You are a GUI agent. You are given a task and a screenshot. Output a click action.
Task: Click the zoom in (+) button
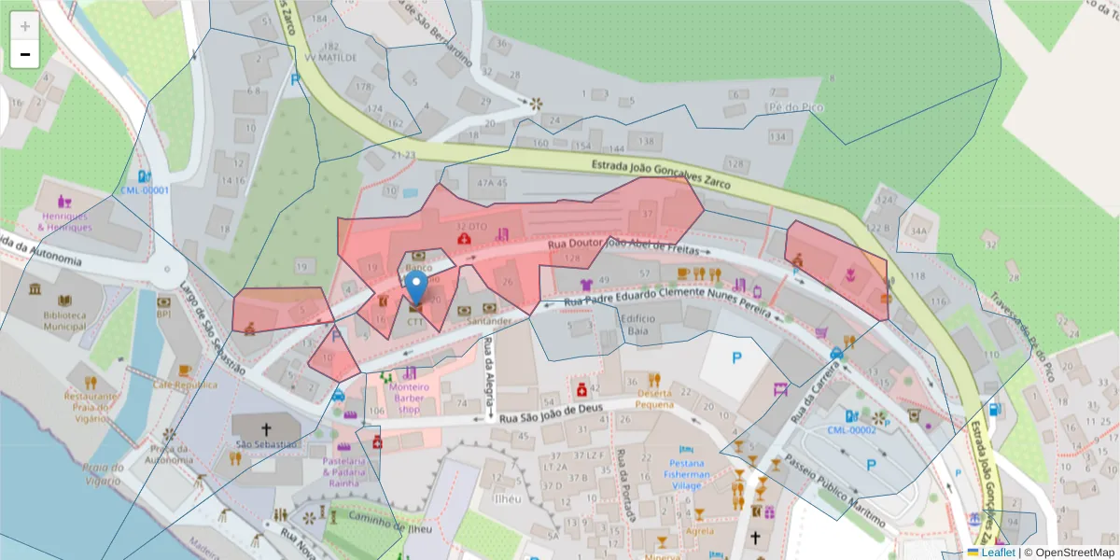tap(24, 26)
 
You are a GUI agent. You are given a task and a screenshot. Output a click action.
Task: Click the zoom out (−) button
tap(24, 54)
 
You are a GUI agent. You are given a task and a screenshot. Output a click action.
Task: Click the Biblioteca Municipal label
tap(63, 321)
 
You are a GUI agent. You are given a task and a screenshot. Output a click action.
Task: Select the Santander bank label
tap(489, 321)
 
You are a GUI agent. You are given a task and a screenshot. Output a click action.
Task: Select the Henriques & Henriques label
tap(64, 221)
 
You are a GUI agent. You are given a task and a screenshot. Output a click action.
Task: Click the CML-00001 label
tap(144, 190)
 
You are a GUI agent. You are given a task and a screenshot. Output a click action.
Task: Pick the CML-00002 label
tap(850, 430)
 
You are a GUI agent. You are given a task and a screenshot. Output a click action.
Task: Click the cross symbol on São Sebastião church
tap(265, 428)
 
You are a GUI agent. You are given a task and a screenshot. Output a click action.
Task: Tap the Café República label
tap(185, 385)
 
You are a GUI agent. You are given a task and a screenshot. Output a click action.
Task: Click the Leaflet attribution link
tap(997, 553)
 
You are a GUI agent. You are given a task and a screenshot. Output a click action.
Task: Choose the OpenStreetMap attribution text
tap(1071, 553)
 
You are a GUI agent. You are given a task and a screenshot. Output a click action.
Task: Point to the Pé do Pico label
tap(795, 107)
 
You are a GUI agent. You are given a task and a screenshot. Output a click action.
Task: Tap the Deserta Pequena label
tap(653, 399)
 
